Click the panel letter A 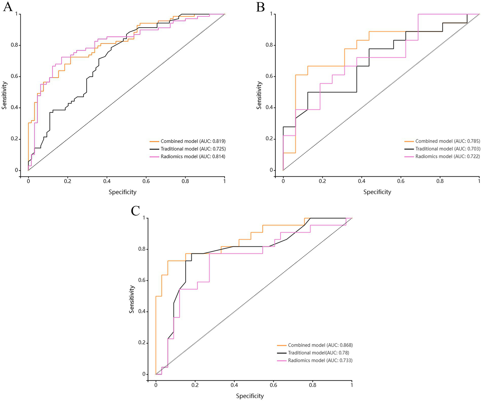(x=8, y=7)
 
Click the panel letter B (x=261, y=7)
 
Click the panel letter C (x=135, y=211)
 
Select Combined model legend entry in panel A (x=193, y=141)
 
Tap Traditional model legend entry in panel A (x=193, y=149)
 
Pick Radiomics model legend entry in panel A (x=193, y=157)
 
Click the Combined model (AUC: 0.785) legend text (x=447, y=141)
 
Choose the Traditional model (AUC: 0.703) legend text (x=447, y=149)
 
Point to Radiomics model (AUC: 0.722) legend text (x=447, y=157)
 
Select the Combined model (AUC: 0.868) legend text (x=320, y=345)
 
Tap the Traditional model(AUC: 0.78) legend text (x=318, y=353)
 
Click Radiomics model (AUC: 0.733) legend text (x=320, y=361)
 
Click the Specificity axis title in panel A (x=122, y=192)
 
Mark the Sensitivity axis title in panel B (x=259, y=95)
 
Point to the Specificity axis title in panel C (x=250, y=396)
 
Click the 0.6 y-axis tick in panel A (x=14, y=77)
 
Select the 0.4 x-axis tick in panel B (x=361, y=181)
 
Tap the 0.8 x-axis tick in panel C (x=312, y=385)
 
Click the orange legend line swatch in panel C (x=282, y=345)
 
